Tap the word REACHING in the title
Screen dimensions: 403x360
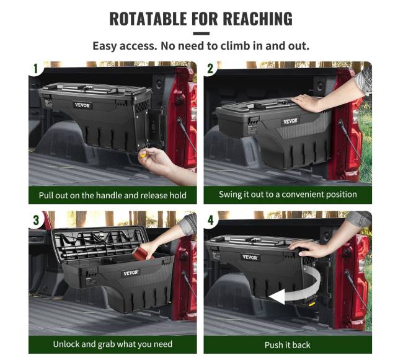click(x=257, y=19)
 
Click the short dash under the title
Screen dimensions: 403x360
click(x=201, y=33)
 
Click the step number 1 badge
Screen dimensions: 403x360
click(x=36, y=69)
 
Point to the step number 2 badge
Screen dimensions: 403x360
click(x=211, y=69)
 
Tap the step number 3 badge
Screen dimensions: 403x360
click(x=36, y=220)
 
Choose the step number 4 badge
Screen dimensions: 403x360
click(x=211, y=220)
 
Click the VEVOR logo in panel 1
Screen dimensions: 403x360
click(x=82, y=105)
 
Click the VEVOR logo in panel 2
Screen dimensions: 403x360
click(x=290, y=121)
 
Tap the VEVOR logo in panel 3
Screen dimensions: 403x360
click(x=131, y=273)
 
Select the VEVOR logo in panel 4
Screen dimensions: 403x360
click(x=250, y=257)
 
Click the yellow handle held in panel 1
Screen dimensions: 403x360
click(x=143, y=154)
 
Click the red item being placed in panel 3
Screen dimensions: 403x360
click(x=144, y=252)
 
